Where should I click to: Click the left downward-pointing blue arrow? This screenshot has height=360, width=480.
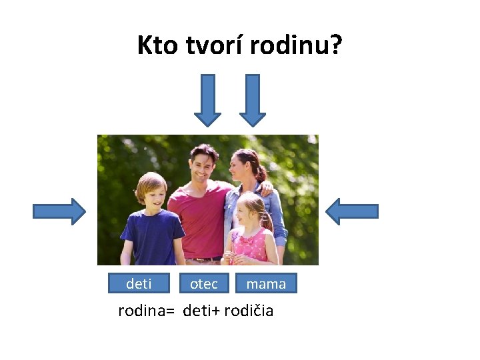pyautogui.click(x=207, y=100)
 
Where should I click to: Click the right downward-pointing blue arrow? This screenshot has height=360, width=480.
pyautogui.click(x=253, y=100)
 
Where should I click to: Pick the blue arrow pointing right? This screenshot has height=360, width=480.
pyautogui.click(x=59, y=211)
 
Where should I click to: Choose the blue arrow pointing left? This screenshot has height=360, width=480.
pyautogui.click(x=352, y=211)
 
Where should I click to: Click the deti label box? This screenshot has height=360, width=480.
pyautogui.click(x=139, y=283)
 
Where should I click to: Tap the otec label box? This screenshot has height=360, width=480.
pyautogui.click(x=204, y=283)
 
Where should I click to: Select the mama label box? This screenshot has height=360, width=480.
pyautogui.click(x=266, y=283)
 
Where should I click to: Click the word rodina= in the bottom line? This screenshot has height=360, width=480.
pyautogui.click(x=146, y=311)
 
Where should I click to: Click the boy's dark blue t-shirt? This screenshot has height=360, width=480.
pyautogui.click(x=152, y=237)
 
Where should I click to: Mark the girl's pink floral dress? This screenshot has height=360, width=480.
pyautogui.click(x=251, y=245)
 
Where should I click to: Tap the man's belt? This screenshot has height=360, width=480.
pyautogui.click(x=204, y=259)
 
